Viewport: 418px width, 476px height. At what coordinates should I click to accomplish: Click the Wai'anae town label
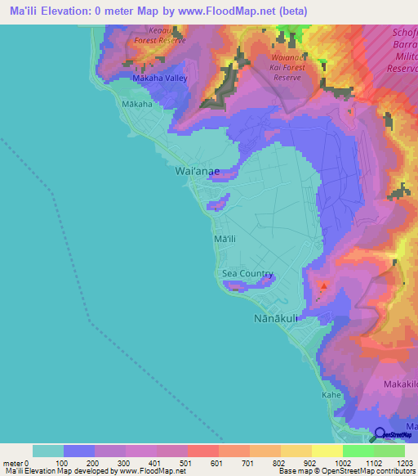(196, 171)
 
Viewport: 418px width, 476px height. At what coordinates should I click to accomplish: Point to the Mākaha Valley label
(159, 79)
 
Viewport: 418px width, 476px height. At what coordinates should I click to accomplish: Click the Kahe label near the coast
(331, 394)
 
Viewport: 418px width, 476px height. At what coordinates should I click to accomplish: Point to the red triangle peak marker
(324, 286)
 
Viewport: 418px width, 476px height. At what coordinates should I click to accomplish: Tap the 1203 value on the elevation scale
(404, 462)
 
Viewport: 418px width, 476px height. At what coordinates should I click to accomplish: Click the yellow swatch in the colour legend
(327, 451)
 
